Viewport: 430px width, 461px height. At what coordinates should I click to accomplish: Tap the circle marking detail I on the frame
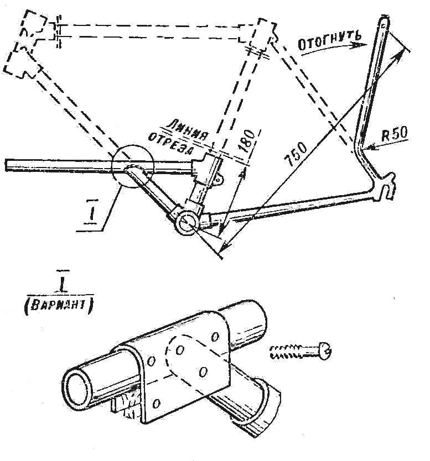tap(132, 167)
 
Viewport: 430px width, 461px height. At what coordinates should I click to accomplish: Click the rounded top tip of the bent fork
tap(382, 22)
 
